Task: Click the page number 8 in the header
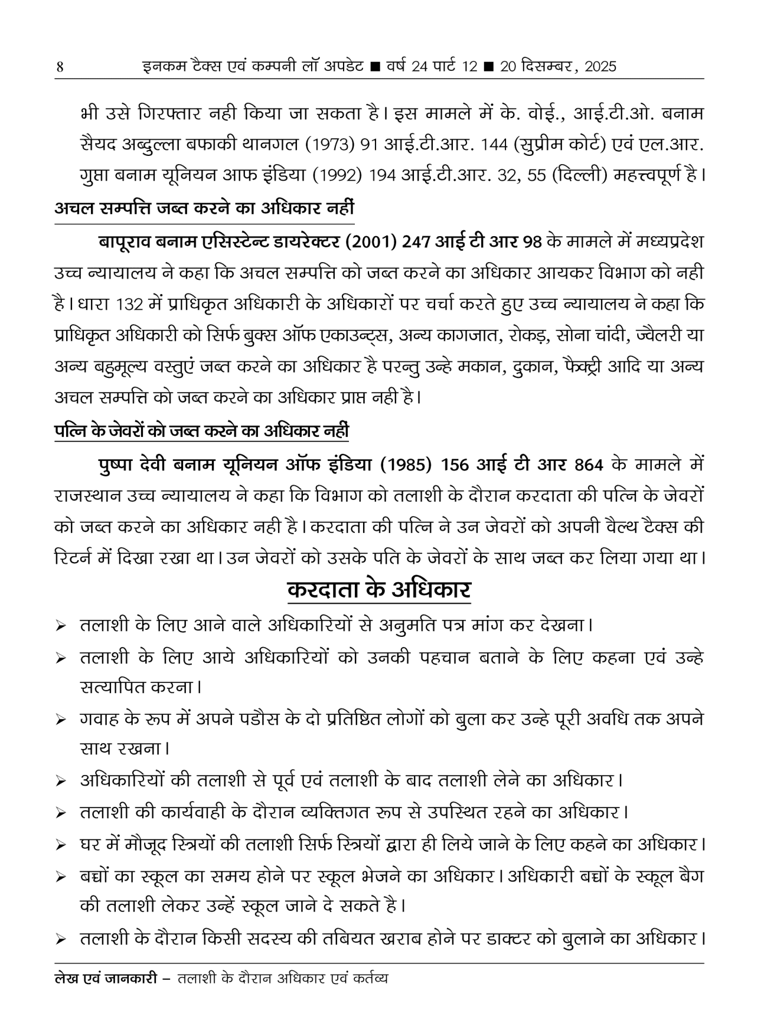[58, 67]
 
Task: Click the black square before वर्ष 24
[374, 67]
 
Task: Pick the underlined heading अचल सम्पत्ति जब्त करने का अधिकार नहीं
[204, 208]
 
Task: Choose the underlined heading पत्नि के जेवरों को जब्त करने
[201, 431]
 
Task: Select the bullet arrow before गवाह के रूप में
[60, 720]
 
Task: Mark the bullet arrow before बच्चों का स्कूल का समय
[60, 877]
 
